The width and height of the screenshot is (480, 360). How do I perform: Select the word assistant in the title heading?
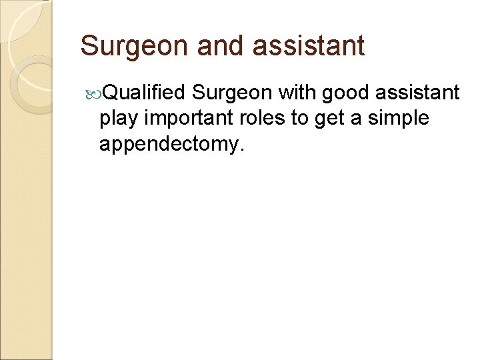click(312, 45)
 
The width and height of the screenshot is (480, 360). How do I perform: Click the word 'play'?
click(121, 119)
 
